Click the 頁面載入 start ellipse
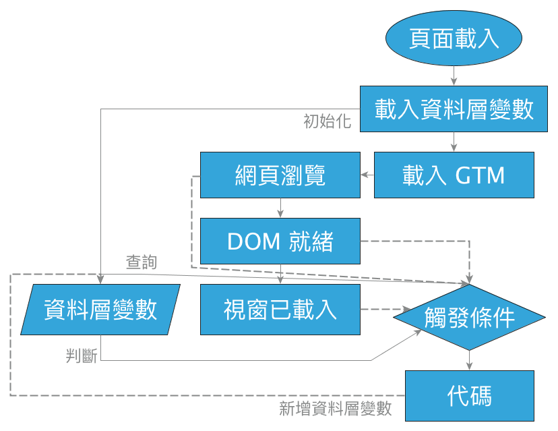pyautogui.click(x=454, y=38)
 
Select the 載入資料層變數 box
pyautogui.click(x=454, y=109)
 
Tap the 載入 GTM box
pyautogui.click(x=454, y=175)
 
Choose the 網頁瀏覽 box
pyautogui.click(x=280, y=175)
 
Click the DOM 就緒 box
pyautogui.click(x=280, y=241)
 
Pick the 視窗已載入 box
pyautogui.click(x=280, y=310)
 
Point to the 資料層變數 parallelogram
pyautogui.click(x=100, y=310)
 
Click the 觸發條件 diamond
pyautogui.click(x=470, y=316)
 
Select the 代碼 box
pyautogui.click(x=470, y=396)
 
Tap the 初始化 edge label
pyautogui.click(x=327, y=122)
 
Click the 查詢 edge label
pyautogui.click(x=142, y=262)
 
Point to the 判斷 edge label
pyautogui.click(x=82, y=356)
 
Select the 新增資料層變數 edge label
pyautogui.click(x=335, y=409)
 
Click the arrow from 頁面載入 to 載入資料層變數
pyautogui.click(x=454, y=76)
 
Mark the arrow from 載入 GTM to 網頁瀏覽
pyautogui.click(x=367, y=175)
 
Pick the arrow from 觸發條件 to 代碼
pyautogui.click(x=470, y=360)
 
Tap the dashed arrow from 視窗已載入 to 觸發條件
pyautogui.click(x=377, y=310)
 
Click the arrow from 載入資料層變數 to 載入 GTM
pyautogui.click(x=454, y=142)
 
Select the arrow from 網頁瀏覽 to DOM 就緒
pyautogui.click(x=280, y=208)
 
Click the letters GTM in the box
pyautogui.click(x=480, y=175)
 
